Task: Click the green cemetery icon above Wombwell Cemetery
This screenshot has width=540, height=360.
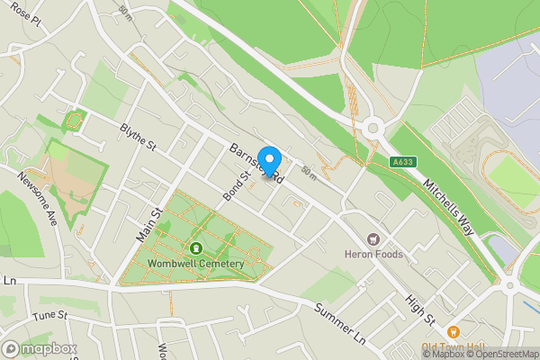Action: pos(195,248)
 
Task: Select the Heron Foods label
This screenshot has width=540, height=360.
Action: pos(374,255)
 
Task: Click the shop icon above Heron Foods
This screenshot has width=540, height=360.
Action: pos(373,238)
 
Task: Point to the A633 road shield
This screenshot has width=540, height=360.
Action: pos(402,162)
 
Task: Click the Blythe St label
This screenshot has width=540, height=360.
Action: pos(139,139)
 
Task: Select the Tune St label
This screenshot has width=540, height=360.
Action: pos(50,315)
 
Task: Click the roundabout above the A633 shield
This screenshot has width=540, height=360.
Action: pos(373,128)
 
